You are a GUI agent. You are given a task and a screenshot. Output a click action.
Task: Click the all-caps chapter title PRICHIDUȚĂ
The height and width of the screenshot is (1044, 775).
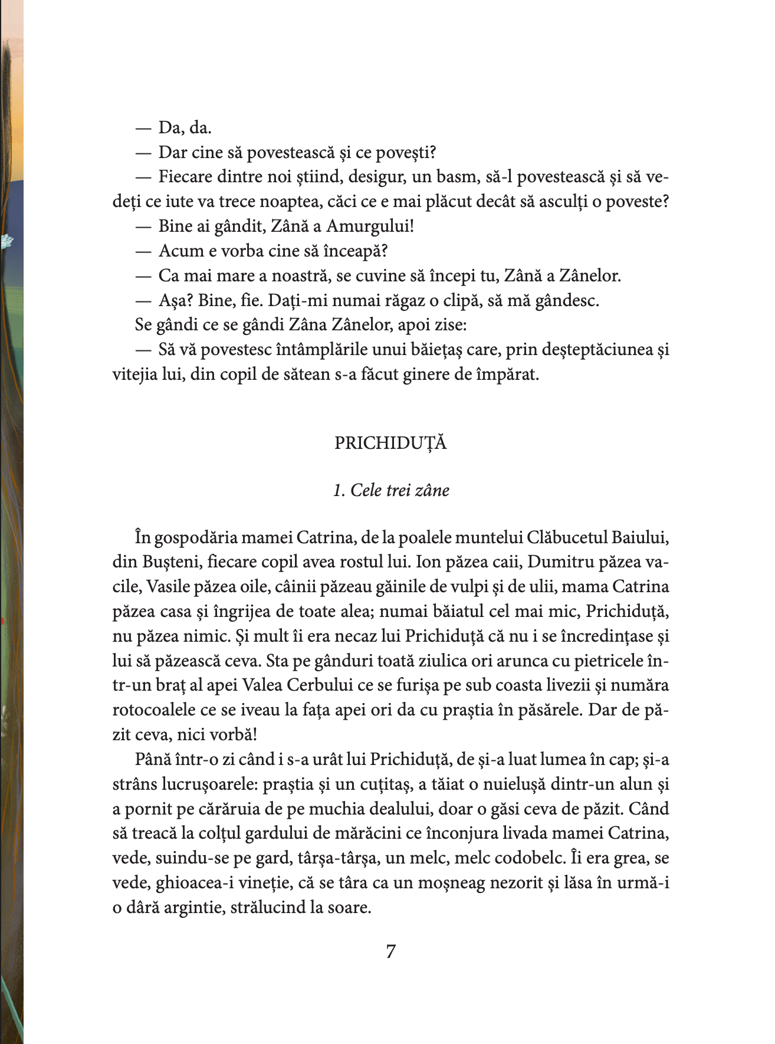tap(390, 443)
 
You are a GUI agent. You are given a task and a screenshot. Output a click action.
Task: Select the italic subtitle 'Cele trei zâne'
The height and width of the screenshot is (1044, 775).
tap(399, 490)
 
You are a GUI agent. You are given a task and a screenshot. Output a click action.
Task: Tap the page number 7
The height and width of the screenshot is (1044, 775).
tap(390, 951)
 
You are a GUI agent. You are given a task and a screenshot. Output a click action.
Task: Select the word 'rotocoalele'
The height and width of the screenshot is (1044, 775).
tap(153, 710)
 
